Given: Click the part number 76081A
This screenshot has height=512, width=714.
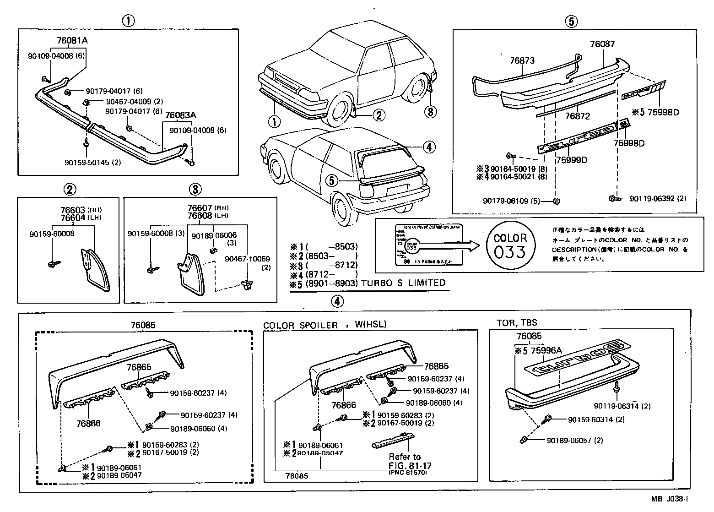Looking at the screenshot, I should tap(72, 40).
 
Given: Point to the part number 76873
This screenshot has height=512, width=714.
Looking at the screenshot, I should tap(522, 60).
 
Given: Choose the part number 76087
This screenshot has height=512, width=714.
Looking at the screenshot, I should tap(602, 44).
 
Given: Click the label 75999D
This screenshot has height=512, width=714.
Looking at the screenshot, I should tap(572, 160).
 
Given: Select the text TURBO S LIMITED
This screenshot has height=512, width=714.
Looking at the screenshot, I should tap(403, 283).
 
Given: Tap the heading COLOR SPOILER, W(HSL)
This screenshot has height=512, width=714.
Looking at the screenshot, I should tap(325, 325).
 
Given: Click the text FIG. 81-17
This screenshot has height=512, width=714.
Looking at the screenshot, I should tap(410, 465).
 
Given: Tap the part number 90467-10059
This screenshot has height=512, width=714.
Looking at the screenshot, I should tap(247, 259).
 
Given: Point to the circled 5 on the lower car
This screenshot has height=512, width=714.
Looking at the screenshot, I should tap(333, 180).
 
